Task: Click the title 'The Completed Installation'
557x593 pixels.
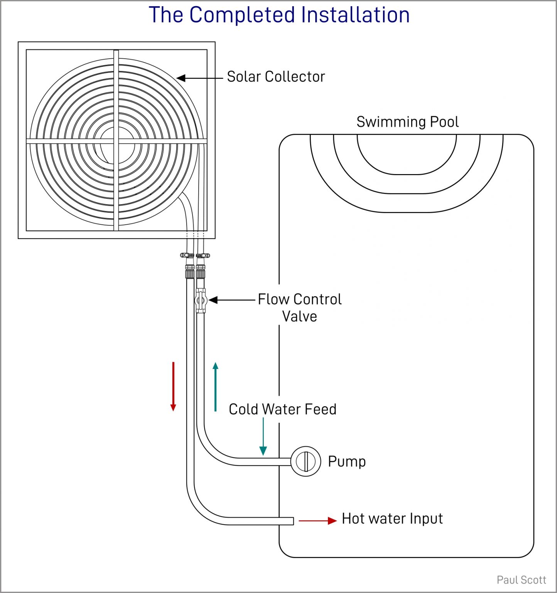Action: coord(279,15)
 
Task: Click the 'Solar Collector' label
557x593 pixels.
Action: coord(276,77)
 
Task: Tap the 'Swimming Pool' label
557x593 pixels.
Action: coord(407,122)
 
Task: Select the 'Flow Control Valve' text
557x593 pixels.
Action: coord(300,307)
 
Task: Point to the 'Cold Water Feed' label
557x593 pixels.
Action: coord(282,409)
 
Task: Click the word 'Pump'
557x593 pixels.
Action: coord(347,461)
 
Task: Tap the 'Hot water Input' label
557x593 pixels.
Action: coord(392,518)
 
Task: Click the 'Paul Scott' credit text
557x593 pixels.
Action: coord(521,580)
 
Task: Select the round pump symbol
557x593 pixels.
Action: coord(306,461)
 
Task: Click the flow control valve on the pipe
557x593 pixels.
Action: coord(201,300)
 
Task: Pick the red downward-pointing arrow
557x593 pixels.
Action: coord(173,386)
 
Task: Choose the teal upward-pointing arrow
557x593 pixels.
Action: coord(216,386)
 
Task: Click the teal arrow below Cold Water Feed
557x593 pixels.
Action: coord(263,436)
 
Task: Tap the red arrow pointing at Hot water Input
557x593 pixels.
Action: coord(317,521)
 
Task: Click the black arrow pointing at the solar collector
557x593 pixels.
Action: coord(199,78)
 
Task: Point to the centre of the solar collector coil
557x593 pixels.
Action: coord(116,141)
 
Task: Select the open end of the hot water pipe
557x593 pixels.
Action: coord(292,521)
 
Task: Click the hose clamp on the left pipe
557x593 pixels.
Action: coord(187,255)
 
